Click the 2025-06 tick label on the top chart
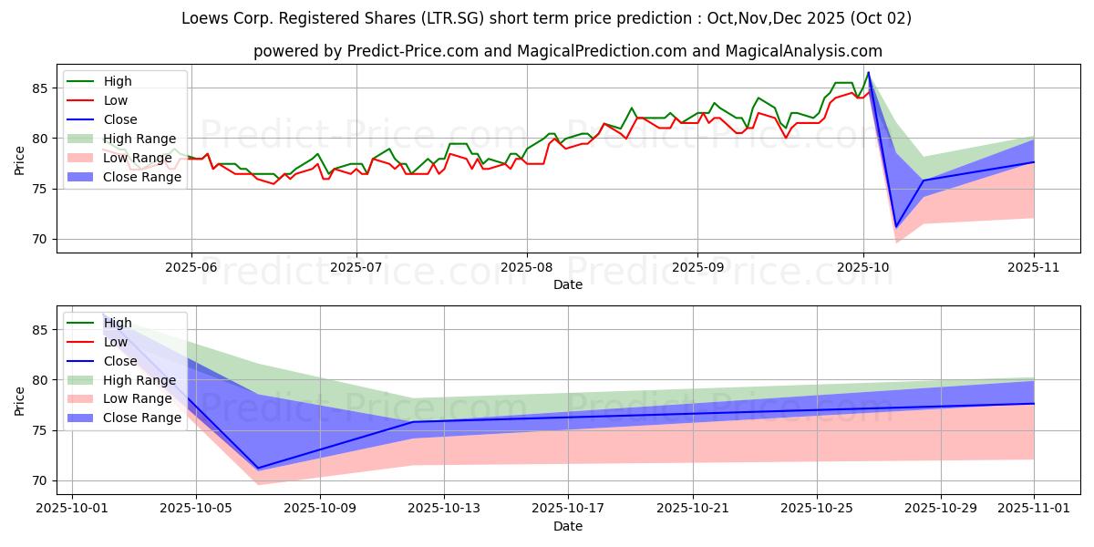pos(191,268)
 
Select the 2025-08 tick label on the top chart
pos(526,268)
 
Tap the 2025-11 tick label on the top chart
pos(1034,268)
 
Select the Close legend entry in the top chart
pos(120,119)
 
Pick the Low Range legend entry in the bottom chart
pos(140,398)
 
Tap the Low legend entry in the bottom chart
pos(116,342)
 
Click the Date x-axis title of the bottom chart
pos(568,526)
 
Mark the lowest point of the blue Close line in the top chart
pos(896,227)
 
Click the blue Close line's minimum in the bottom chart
pos(258,469)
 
